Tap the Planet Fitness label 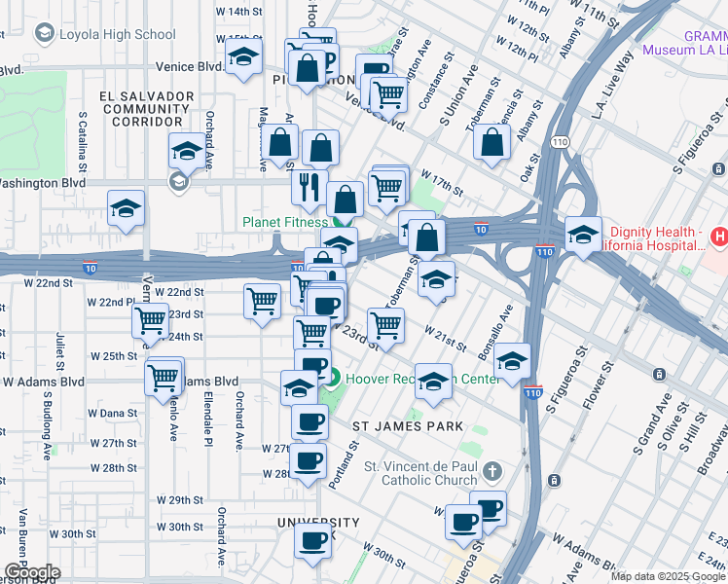(x=285, y=223)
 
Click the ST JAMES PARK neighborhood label (x=407, y=425)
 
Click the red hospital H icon (x=718, y=236)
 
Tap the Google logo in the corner (x=31, y=572)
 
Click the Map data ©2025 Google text (x=668, y=576)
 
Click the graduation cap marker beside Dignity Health (x=583, y=235)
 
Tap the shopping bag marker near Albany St (x=492, y=141)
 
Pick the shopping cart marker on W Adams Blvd (x=164, y=376)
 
